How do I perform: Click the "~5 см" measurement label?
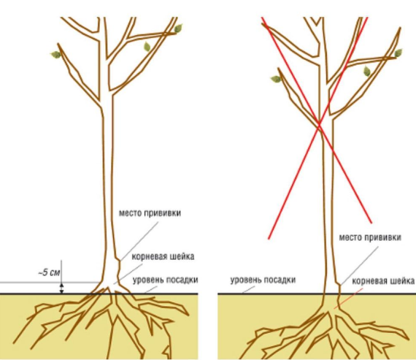[50, 272]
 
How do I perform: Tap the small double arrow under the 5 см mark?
[61, 288]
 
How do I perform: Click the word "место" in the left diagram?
[131, 213]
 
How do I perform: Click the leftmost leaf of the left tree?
[55, 55]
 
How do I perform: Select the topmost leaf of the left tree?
[178, 28]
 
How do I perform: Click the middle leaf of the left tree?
[147, 47]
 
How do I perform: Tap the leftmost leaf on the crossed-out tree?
[276, 79]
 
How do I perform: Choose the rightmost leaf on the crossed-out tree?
[398, 53]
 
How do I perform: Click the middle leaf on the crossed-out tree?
[367, 71]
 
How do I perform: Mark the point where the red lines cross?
[319, 126]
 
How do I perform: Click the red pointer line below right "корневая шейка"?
[348, 299]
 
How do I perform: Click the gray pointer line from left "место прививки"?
[139, 241]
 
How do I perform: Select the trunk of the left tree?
[108, 180]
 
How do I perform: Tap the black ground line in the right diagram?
[317, 294]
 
